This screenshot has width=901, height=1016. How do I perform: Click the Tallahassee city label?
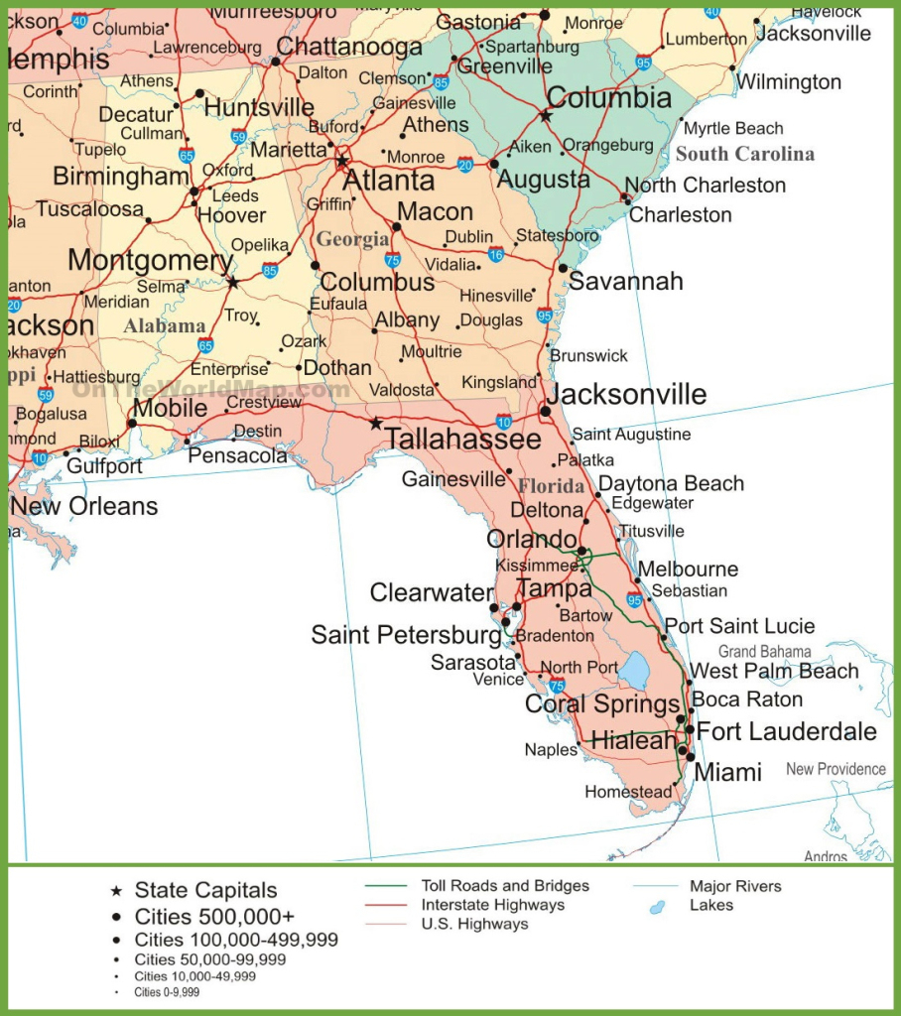pyautogui.click(x=462, y=440)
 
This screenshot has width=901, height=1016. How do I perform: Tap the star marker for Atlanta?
pyautogui.click(x=342, y=161)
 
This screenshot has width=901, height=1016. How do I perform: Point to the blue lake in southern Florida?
pyautogui.click(x=633, y=672)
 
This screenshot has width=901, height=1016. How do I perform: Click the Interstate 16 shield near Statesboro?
pyautogui.click(x=495, y=254)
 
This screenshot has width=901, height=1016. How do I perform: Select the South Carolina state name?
pyautogui.click(x=744, y=154)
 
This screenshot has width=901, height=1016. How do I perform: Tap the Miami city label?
pyautogui.click(x=727, y=772)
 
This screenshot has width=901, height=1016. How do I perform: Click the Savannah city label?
pyautogui.click(x=625, y=281)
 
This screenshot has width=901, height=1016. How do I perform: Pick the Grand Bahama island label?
pyautogui.click(x=764, y=652)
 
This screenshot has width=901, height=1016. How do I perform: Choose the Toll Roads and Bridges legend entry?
pyautogui.click(x=504, y=886)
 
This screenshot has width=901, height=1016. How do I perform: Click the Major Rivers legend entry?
pyautogui.click(x=735, y=886)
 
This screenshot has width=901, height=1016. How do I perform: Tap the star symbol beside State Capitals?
pyautogui.click(x=117, y=891)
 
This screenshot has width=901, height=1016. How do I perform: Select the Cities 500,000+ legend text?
pyautogui.click(x=214, y=915)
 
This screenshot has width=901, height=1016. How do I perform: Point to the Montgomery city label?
pyautogui.click(x=150, y=261)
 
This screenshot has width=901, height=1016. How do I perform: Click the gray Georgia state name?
pyautogui.click(x=352, y=239)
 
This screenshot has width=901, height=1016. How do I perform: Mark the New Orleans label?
pyautogui.click(x=84, y=506)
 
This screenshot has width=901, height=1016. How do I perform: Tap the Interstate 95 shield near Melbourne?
pyautogui.click(x=635, y=599)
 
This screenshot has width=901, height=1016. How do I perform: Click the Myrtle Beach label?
pyautogui.click(x=733, y=128)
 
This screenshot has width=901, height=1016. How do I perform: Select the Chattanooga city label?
pyautogui.click(x=349, y=47)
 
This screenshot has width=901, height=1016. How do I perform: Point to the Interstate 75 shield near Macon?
pyautogui.click(x=392, y=260)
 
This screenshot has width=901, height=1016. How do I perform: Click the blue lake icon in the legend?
pyautogui.click(x=656, y=907)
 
